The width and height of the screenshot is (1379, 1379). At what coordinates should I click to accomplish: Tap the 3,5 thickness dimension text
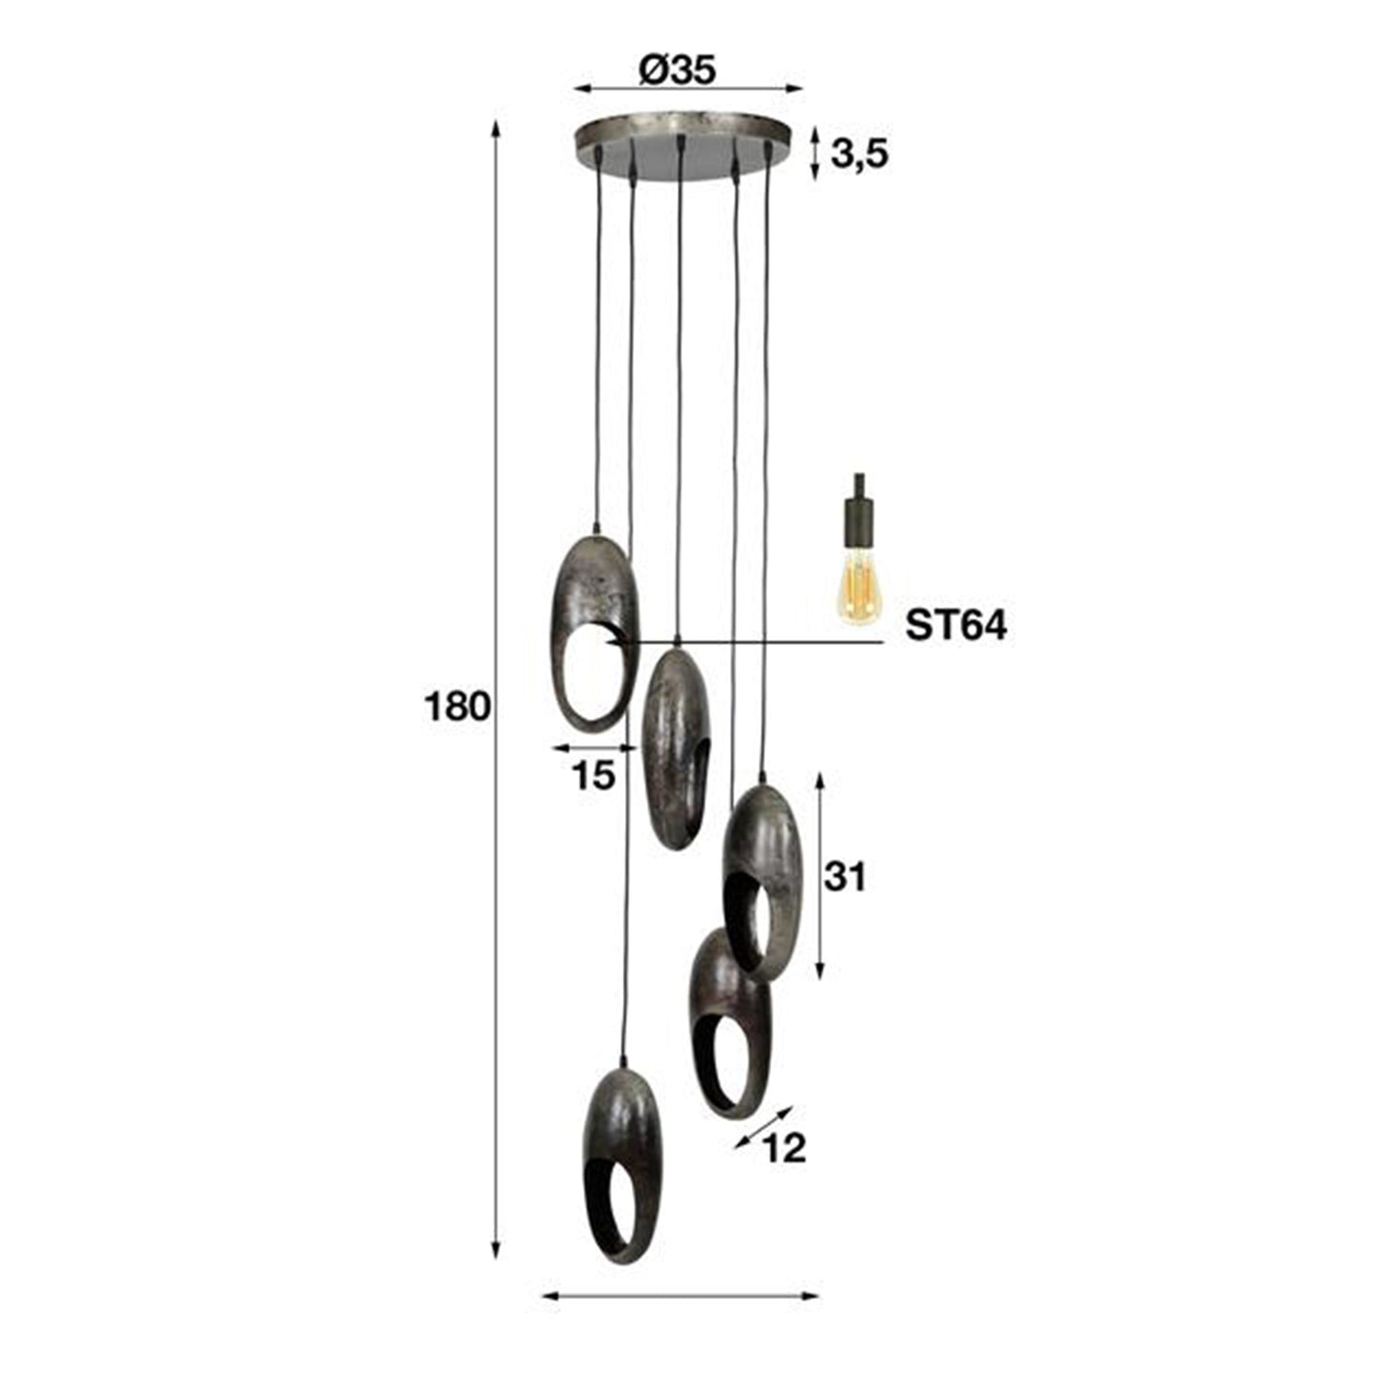(859, 153)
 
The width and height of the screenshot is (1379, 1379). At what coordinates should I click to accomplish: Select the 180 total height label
(457, 707)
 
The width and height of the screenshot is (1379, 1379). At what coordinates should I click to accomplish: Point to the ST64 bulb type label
(955, 626)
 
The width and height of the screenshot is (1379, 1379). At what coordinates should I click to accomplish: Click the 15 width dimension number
(594, 776)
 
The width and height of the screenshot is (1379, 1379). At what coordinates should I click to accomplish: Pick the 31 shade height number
(845, 876)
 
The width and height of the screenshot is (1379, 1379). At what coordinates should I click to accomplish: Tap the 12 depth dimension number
(785, 1148)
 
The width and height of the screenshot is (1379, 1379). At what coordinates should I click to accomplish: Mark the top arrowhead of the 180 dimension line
(494, 129)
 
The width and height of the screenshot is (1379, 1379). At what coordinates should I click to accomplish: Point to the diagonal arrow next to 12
(763, 1127)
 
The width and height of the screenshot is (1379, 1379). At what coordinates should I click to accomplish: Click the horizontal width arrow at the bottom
(679, 1296)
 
